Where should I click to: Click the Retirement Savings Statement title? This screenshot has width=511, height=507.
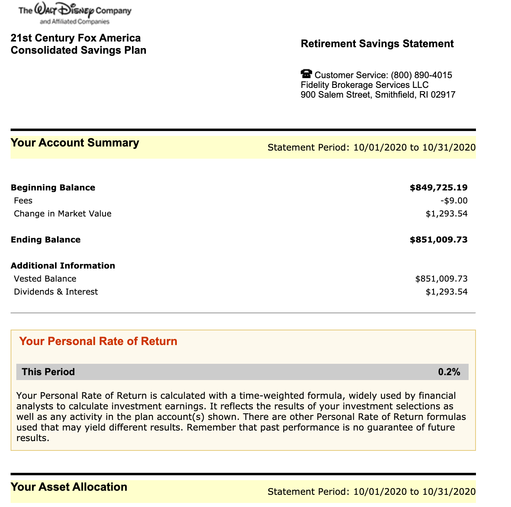tap(377, 44)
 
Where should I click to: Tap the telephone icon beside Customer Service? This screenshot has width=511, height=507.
tap(306, 74)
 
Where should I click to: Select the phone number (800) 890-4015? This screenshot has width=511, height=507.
tap(421, 75)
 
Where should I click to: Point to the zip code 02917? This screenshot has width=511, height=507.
tap(443, 95)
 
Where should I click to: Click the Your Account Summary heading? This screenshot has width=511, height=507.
tap(75, 143)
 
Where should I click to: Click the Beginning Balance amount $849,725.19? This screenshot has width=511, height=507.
tap(438, 188)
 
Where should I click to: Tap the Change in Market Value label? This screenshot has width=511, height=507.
tap(62, 214)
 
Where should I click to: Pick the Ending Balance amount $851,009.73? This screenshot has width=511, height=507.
tap(438, 240)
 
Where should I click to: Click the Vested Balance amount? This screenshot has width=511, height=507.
tap(441, 279)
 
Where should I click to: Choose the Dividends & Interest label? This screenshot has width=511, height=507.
tap(56, 292)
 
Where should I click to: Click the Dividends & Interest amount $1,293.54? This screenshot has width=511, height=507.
tap(446, 292)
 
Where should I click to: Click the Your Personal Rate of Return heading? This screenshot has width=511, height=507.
tap(98, 341)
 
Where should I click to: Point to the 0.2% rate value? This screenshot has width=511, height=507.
tap(449, 372)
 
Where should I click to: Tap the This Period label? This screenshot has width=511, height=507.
tap(48, 372)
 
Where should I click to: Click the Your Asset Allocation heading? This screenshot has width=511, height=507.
tap(69, 487)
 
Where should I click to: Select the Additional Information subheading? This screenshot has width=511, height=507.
tap(63, 266)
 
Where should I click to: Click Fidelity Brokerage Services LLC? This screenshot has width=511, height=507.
tap(364, 85)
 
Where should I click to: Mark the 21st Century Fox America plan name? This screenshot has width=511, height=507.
tap(76, 38)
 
